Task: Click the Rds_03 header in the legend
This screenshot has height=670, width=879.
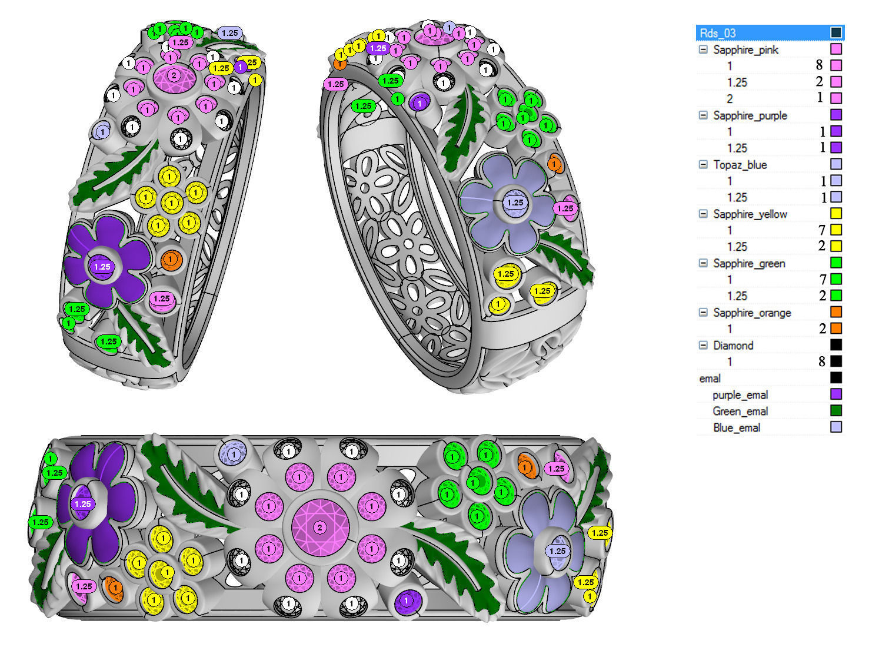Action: (x=718, y=33)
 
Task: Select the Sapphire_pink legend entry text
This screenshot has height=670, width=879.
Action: (x=745, y=49)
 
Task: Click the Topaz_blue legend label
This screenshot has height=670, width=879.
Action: (x=740, y=165)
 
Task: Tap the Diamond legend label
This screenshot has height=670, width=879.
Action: (x=733, y=346)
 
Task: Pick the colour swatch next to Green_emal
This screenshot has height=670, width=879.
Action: (x=835, y=411)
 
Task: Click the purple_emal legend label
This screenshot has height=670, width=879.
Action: (x=740, y=395)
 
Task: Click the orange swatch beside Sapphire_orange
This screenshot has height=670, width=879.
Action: (x=835, y=312)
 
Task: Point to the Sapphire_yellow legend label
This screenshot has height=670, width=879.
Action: (x=750, y=214)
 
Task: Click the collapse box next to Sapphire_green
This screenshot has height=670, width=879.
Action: (x=703, y=263)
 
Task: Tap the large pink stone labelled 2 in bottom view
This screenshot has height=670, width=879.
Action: (x=319, y=528)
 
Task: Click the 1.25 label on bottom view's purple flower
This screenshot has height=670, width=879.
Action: (x=82, y=504)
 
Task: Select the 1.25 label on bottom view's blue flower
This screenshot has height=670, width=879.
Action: (x=557, y=552)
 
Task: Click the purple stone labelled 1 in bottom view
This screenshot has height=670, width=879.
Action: (x=406, y=601)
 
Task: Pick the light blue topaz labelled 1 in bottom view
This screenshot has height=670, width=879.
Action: (x=234, y=455)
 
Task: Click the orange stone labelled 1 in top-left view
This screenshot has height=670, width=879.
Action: (x=170, y=259)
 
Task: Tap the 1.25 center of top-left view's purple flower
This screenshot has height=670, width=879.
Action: (x=102, y=267)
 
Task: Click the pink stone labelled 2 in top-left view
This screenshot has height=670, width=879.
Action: (x=174, y=75)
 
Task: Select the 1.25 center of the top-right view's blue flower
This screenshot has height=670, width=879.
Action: (x=515, y=203)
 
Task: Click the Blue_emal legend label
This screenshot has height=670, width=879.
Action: (x=736, y=427)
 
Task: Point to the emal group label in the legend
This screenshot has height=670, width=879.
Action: (x=710, y=379)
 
